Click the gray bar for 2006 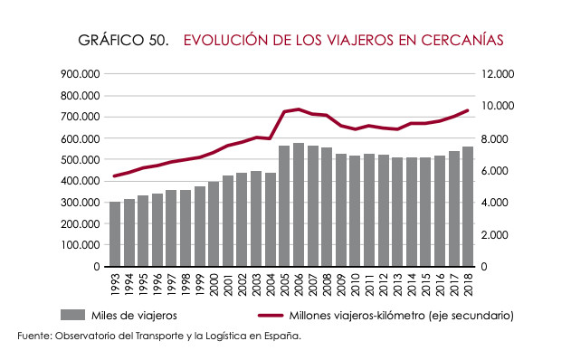point(299,204)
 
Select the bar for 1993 point(115,234)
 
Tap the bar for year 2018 point(468,206)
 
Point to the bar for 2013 point(397,212)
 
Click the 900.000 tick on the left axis point(81,74)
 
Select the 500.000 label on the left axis point(81,159)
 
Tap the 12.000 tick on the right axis point(498,74)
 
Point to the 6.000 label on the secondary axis point(494,171)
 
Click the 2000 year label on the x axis point(214,285)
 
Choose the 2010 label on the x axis point(355,285)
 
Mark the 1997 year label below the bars point(172,285)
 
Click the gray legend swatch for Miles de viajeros point(72,315)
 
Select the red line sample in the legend point(271,316)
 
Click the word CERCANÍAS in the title point(462,39)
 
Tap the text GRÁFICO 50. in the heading point(123,40)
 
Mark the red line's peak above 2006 point(299,109)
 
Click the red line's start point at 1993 point(115,175)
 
